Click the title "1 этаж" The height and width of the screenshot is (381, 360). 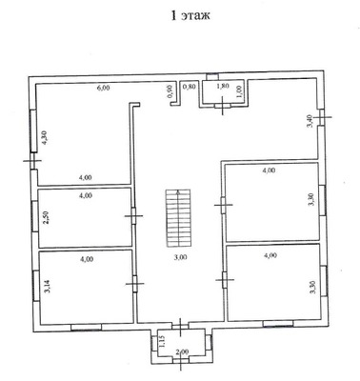[190, 15]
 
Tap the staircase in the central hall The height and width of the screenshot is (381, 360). [178, 218]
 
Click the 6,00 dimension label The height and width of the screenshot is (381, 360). [103, 88]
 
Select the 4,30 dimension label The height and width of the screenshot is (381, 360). [45, 138]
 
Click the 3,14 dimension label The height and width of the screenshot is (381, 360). [49, 287]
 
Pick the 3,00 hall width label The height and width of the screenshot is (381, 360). [181, 257]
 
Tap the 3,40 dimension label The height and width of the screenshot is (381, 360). [313, 121]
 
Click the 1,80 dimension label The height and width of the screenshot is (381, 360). [222, 87]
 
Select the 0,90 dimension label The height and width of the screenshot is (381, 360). [170, 91]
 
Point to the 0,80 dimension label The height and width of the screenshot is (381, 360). [190, 87]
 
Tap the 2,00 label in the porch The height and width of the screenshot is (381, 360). [182, 351]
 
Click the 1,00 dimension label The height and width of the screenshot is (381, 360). [240, 92]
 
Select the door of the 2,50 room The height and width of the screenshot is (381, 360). [133, 216]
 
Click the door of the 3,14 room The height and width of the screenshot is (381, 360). [135, 283]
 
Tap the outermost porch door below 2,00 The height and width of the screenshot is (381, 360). [181, 360]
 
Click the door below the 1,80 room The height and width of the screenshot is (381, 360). [223, 106]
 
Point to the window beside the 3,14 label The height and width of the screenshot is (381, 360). [36, 286]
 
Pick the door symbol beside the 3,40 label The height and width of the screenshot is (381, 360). [323, 117]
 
